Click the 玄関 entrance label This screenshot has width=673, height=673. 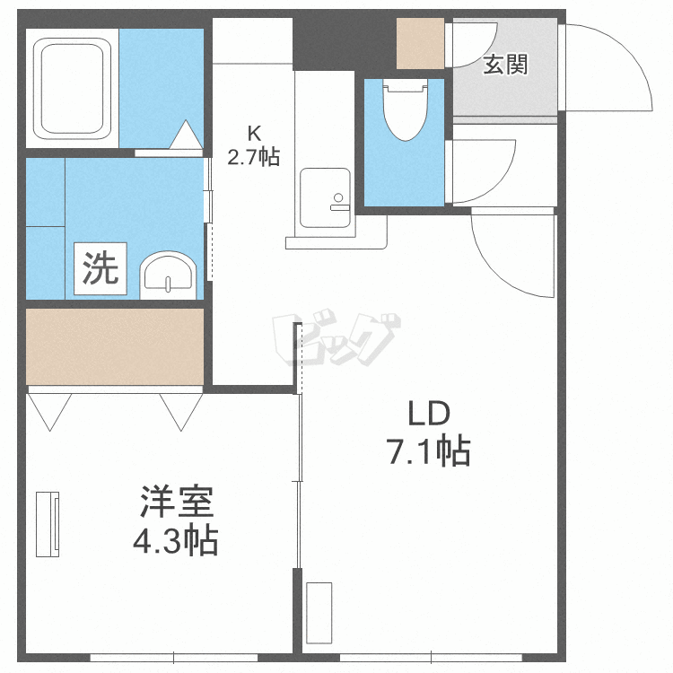click(x=505, y=65)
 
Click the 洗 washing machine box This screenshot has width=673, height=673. click(x=101, y=268)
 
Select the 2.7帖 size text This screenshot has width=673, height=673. click(x=253, y=158)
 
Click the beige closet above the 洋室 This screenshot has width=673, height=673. click(x=115, y=346)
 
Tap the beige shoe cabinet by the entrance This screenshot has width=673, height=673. click(x=421, y=43)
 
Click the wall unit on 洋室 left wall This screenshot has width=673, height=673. click(x=48, y=523)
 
